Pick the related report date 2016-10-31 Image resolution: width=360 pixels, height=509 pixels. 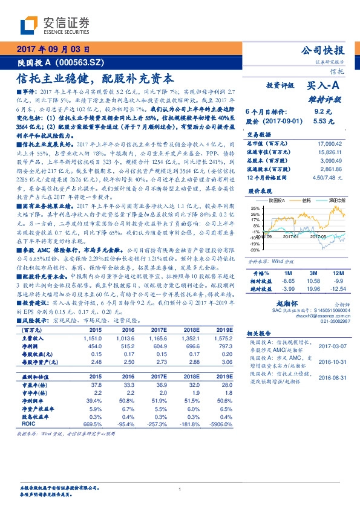click(x=330, y=363)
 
